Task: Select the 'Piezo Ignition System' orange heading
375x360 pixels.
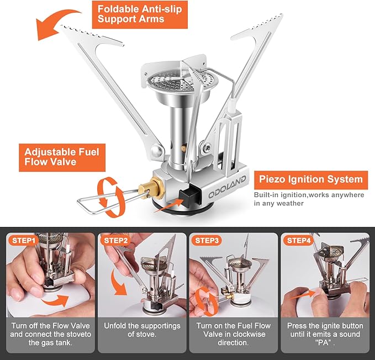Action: (310, 179)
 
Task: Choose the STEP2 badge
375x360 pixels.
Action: (115, 241)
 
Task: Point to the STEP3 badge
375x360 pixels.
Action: (207, 241)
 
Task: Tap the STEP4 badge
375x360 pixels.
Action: (299, 241)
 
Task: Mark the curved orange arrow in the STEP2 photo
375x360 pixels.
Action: (118, 284)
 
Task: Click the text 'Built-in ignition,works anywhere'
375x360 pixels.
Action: (309, 195)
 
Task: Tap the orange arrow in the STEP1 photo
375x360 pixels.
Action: (55, 300)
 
